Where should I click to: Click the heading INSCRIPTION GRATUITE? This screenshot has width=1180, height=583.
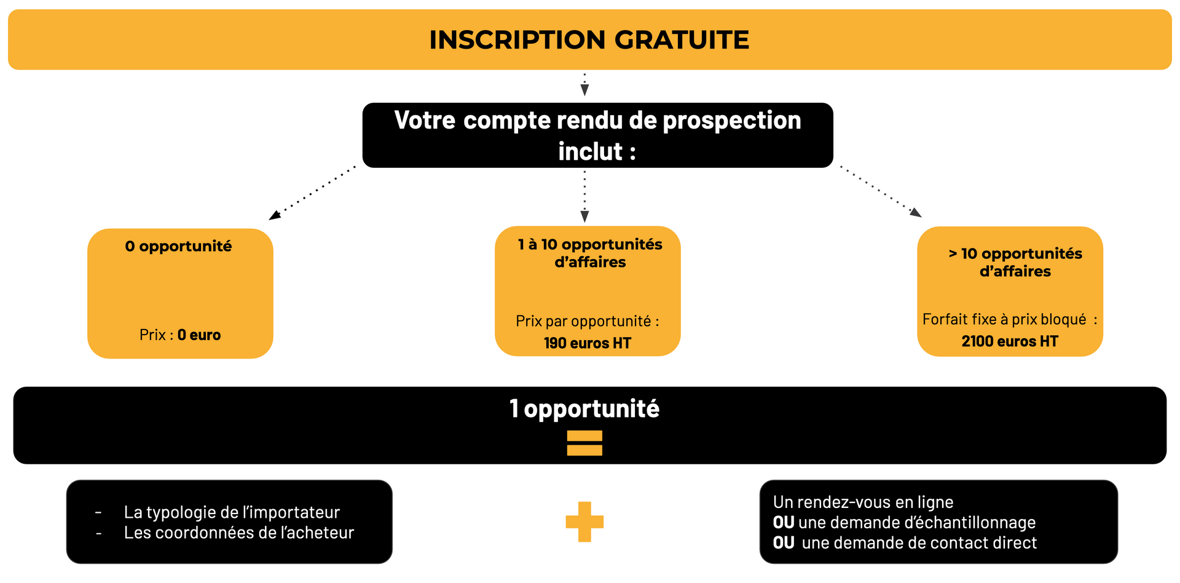point(589,40)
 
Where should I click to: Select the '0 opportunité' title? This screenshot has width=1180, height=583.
point(178,247)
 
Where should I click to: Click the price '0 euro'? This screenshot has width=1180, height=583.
point(199,335)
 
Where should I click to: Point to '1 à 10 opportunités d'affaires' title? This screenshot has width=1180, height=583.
point(590,253)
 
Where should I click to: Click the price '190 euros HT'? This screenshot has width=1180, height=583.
point(588,343)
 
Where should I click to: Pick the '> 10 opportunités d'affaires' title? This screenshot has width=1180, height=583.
point(1015,263)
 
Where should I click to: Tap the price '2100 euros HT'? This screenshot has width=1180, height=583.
point(1010,341)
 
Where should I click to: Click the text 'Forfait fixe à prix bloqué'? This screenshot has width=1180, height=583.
point(1004,320)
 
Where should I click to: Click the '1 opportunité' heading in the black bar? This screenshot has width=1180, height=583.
point(584,409)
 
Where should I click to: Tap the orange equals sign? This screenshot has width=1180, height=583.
point(584,443)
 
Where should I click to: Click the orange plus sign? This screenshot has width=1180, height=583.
point(584,522)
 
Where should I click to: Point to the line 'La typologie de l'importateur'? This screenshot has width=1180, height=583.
point(232,512)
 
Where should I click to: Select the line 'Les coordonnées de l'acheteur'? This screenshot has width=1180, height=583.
point(239,533)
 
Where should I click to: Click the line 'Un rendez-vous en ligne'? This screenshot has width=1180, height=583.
point(863,502)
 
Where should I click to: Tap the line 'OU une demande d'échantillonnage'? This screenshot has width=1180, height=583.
point(904,523)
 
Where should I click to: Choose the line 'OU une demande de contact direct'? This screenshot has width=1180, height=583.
point(905,543)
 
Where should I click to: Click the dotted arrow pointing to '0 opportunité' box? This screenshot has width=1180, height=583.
point(312,192)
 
